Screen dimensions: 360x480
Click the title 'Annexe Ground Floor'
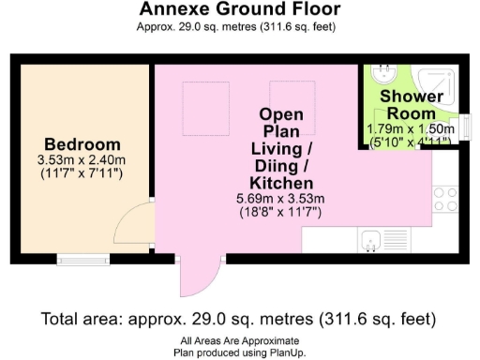click(x=240, y=10)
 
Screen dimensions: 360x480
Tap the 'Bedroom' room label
click(x=82, y=144)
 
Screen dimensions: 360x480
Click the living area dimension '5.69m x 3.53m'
click(x=280, y=199)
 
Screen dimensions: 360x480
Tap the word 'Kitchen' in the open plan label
click(x=280, y=182)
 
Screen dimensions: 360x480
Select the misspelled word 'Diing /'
click(x=280, y=165)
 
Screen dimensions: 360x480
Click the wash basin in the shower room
click(x=383, y=73)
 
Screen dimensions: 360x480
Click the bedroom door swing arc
click(x=131, y=225)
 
